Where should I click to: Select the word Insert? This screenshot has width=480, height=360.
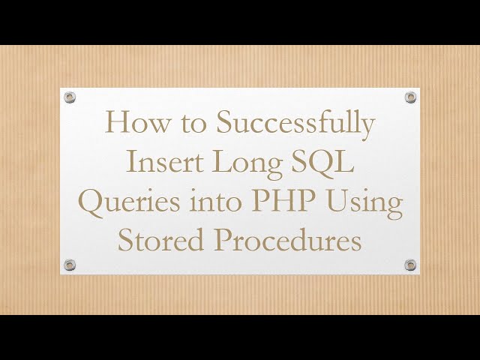point(163,162)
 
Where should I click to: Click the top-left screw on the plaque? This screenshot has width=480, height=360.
point(70,97)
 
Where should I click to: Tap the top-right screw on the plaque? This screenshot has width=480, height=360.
point(410,97)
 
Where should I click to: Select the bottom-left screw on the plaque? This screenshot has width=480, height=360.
point(70,265)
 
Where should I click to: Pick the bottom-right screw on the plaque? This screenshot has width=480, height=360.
point(410,265)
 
